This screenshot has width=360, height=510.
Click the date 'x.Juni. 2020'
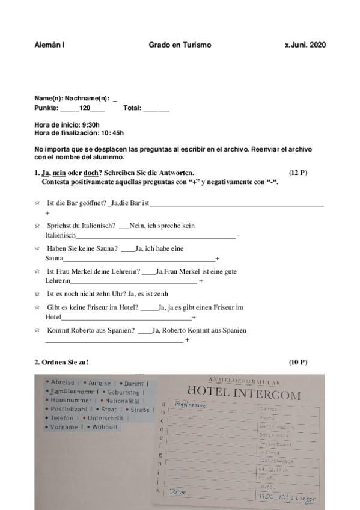pos(305,45)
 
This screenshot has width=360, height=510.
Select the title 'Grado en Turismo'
pos(180,45)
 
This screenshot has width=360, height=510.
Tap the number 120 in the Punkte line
pos(84,108)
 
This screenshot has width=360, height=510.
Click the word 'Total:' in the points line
pos(132,108)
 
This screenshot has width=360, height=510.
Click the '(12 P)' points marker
pos(298,173)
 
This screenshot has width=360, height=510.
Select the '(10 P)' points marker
pos(298,362)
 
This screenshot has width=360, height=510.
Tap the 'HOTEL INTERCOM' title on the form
pos(243,394)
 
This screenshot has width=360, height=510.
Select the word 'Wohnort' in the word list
pos(106,427)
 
